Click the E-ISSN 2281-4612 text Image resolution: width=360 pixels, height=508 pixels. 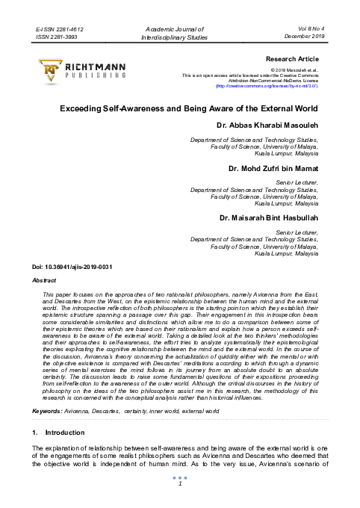[x=60, y=27]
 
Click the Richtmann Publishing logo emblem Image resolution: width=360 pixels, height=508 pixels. [x=51, y=70]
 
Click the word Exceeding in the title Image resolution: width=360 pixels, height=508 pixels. [x=84, y=108]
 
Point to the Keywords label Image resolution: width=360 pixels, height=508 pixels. [x=48, y=411]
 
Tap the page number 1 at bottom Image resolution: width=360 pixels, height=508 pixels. [x=180, y=483]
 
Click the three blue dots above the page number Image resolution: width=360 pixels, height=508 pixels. [x=180, y=477]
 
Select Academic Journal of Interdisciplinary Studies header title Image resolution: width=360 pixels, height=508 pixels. [x=179, y=31]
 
